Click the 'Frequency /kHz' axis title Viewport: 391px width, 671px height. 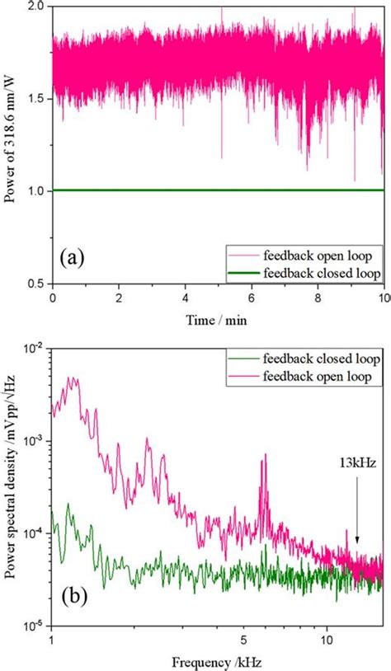click(218, 661)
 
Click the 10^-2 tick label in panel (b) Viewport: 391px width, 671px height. click(34, 350)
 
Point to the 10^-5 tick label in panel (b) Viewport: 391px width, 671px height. click(34, 626)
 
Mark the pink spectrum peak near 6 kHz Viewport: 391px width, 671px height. click(264, 456)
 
